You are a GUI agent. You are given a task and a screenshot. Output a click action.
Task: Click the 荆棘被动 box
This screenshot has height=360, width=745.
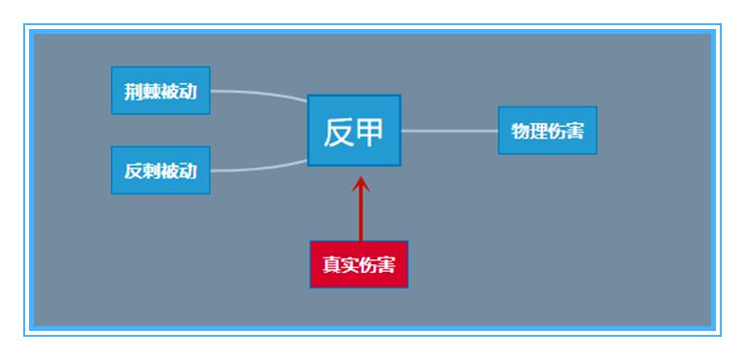(161, 91)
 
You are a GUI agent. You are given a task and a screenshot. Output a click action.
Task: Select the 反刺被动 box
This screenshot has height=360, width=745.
(161, 170)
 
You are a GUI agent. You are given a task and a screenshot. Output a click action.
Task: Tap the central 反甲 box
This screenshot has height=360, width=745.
(354, 131)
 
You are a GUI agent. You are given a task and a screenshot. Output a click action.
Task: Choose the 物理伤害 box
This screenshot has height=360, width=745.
(548, 131)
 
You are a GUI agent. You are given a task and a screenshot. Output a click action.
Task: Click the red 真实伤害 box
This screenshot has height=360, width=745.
(359, 264)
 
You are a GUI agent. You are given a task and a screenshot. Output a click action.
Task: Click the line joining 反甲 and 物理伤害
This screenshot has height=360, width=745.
(449, 130)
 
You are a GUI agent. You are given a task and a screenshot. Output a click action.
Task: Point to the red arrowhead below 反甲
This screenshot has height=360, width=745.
(360, 183)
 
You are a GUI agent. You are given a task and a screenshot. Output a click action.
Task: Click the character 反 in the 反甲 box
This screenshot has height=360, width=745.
(338, 132)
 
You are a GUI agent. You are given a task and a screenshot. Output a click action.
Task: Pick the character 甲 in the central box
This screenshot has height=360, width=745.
(371, 132)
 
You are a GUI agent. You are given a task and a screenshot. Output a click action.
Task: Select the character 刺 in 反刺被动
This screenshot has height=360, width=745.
(151, 171)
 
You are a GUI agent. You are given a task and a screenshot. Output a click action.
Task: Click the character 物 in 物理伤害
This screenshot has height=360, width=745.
(520, 131)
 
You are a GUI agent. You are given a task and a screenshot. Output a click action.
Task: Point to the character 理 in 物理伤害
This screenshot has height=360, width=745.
(538, 131)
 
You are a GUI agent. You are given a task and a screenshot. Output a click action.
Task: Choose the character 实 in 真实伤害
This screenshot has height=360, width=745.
(349, 265)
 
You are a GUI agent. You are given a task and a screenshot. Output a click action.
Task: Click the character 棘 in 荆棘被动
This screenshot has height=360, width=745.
(151, 92)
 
